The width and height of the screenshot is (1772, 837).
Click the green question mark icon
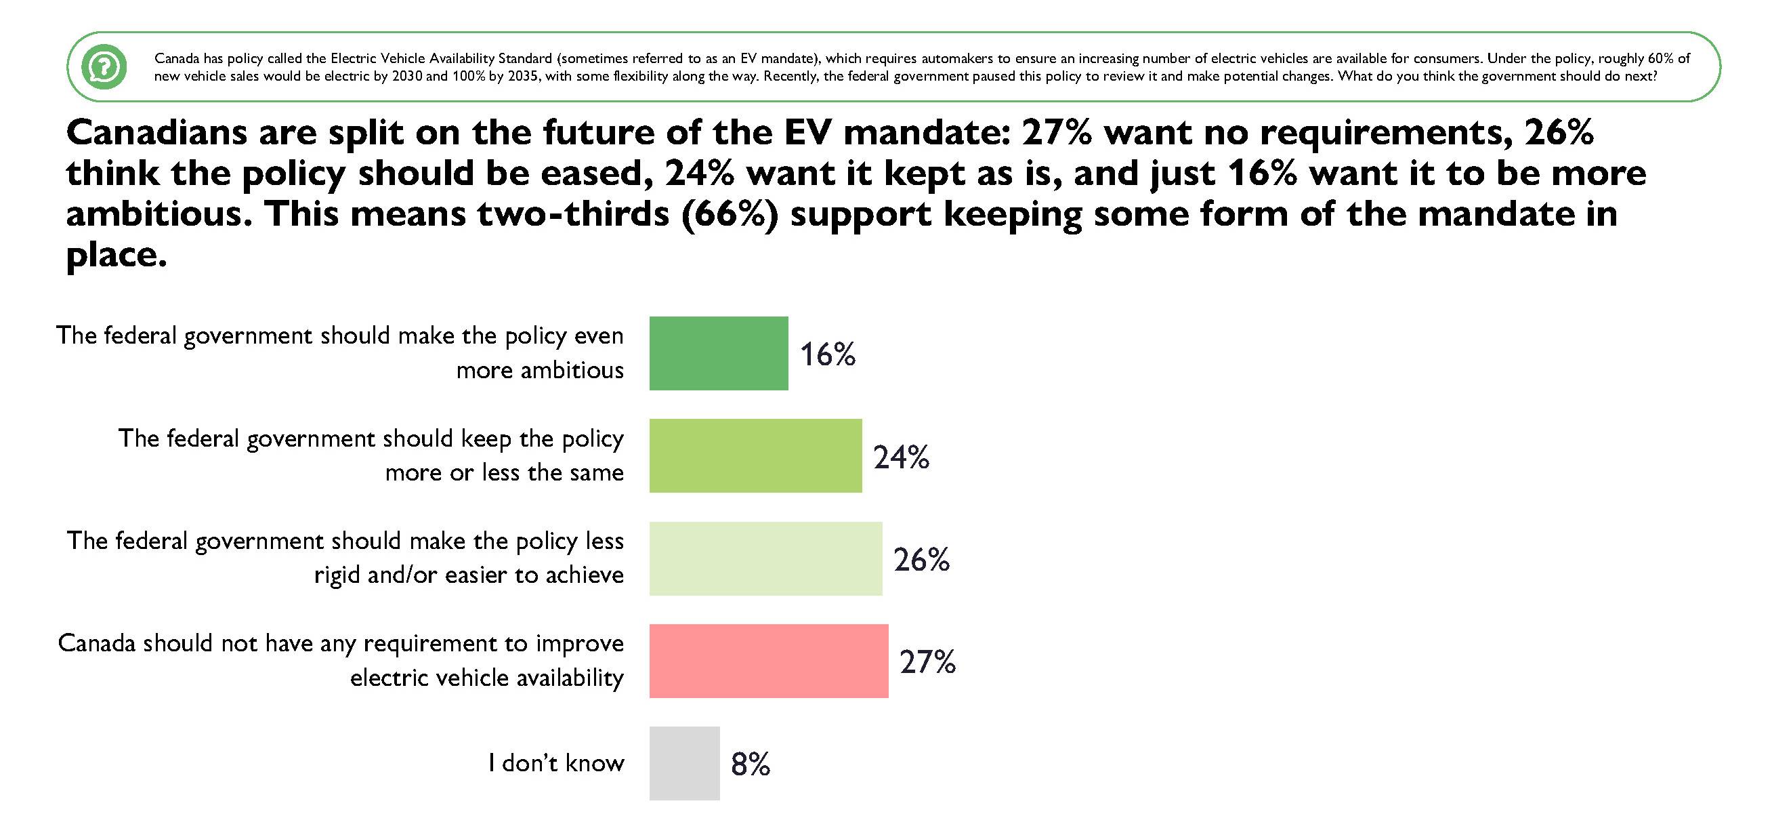click(104, 67)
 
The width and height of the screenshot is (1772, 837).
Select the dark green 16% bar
click(718, 353)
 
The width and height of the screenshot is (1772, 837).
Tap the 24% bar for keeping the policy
click(755, 455)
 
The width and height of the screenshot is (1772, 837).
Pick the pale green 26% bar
click(765, 558)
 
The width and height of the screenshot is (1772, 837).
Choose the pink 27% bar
click(768, 661)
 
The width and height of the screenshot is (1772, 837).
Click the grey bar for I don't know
click(683, 763)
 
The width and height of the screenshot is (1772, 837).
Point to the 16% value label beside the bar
click(827, 354)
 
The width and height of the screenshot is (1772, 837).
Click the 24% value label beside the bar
click(900, 457)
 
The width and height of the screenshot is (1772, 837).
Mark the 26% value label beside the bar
click(921, 560)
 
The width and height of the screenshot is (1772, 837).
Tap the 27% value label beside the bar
click(927, 662)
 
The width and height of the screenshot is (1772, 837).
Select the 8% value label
click(750, 764)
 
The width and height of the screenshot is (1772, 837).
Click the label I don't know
click(556, 762)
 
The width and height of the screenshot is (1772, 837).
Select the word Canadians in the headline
click(156, 132)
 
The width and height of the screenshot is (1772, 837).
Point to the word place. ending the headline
click(117, 255)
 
